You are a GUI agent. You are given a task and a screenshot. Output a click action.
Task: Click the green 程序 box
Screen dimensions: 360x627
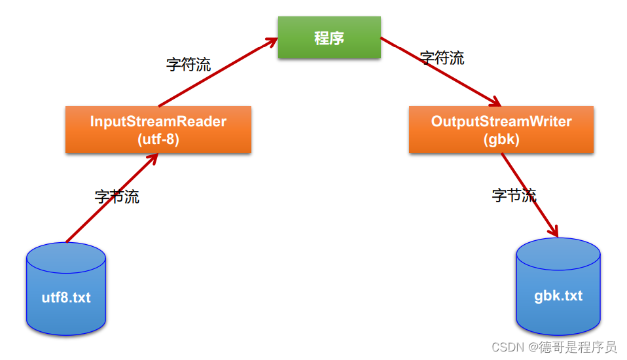coord(329,38)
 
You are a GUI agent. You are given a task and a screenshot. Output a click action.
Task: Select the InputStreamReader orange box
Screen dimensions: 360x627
coord(158,130)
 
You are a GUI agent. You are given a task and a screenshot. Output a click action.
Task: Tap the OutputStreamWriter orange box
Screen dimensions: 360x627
coord(501,130)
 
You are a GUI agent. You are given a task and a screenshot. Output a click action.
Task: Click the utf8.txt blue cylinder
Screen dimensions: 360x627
coord(66,289)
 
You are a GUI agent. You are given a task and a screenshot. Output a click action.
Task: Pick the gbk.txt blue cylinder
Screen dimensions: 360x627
coord(558,287)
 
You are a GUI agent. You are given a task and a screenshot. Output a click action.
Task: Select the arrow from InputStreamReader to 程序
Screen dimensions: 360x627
coord(216,73)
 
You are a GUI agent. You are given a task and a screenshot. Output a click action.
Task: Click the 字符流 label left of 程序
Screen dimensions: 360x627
coord(188,64)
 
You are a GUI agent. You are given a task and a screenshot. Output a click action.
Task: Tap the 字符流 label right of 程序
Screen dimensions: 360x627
coord(442,58)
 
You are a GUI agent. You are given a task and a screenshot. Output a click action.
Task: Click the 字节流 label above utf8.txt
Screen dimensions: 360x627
coord(117,196)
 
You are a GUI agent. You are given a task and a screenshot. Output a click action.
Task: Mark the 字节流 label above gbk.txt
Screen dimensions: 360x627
coord(514,195)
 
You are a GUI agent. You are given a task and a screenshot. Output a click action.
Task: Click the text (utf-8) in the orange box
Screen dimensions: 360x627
coord(158,139)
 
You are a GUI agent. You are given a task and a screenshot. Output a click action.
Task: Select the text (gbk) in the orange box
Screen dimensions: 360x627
coord(501,139)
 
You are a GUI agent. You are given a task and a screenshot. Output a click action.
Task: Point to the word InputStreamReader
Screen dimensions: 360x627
coord(158,121)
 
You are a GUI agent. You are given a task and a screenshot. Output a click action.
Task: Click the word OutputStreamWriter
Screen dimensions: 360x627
coord(501,121)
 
